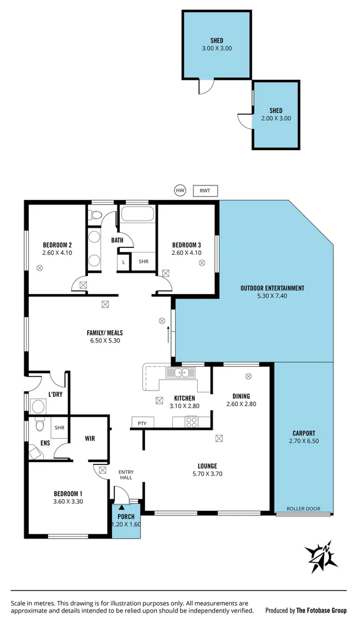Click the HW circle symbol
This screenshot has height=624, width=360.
[180, 190]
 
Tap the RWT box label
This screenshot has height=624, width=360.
[205, 190]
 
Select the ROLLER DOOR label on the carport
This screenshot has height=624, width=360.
[303, 509]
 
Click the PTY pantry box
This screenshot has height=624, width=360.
[142, 423]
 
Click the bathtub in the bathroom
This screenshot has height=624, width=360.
[137, 216]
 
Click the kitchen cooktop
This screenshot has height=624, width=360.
[191, 423]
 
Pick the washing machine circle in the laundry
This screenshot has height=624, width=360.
[39, 406]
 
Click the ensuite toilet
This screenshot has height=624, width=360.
[38, 426]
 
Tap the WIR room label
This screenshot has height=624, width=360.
[90, 439]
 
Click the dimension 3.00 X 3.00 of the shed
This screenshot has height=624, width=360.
[217, 49]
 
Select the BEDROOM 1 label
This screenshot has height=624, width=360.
[68, 493]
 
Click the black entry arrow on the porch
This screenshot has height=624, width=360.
[121, 507]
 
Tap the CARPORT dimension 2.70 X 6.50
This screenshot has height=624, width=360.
[304, 441]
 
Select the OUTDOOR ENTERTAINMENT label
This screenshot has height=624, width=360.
[272, 288]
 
